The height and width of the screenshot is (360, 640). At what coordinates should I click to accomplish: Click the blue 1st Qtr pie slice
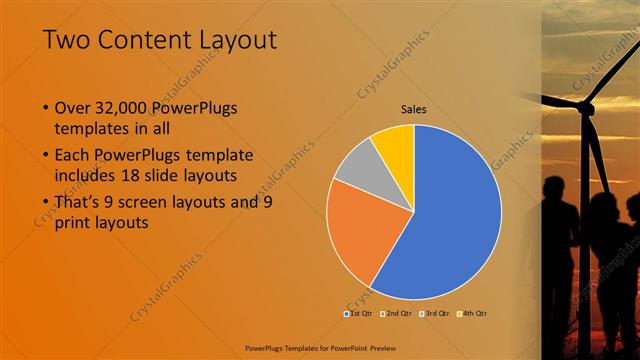pos(450,220)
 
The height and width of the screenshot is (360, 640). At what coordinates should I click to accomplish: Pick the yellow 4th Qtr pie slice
pos(394,145)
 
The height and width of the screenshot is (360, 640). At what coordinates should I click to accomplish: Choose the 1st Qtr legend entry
pos(359,313)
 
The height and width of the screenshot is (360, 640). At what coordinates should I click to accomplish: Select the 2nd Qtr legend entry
pos(397,313)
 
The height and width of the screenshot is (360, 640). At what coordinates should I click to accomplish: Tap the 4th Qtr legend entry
pos(472,313)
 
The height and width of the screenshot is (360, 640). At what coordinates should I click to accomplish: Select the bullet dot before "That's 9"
pos(46,203)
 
